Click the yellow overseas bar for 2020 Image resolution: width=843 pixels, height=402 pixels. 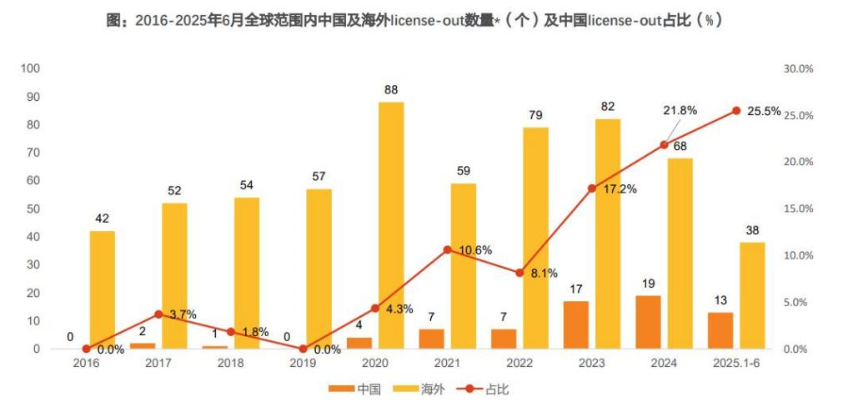pos(391,225)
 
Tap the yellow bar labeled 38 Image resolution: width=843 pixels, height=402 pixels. pos(752,295)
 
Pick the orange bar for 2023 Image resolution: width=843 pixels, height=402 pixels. pos(575,324)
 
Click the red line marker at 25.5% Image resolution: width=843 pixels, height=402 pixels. pos(736,111)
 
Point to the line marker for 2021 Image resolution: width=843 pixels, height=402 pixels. pos(447,249)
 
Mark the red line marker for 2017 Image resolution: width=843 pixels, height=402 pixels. pos(158,314)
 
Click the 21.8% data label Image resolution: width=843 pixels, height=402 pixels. pos(680,110)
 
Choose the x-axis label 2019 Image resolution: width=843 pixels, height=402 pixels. pos(303,364)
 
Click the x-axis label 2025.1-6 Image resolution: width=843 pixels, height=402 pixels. pos(735,364)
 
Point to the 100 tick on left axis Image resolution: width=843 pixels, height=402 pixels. pos(31,68)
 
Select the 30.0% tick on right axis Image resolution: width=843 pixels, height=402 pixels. pos(798,68)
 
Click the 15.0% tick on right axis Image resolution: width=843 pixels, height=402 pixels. pos(798,209)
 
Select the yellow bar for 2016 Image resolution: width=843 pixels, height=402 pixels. pos(102,289)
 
